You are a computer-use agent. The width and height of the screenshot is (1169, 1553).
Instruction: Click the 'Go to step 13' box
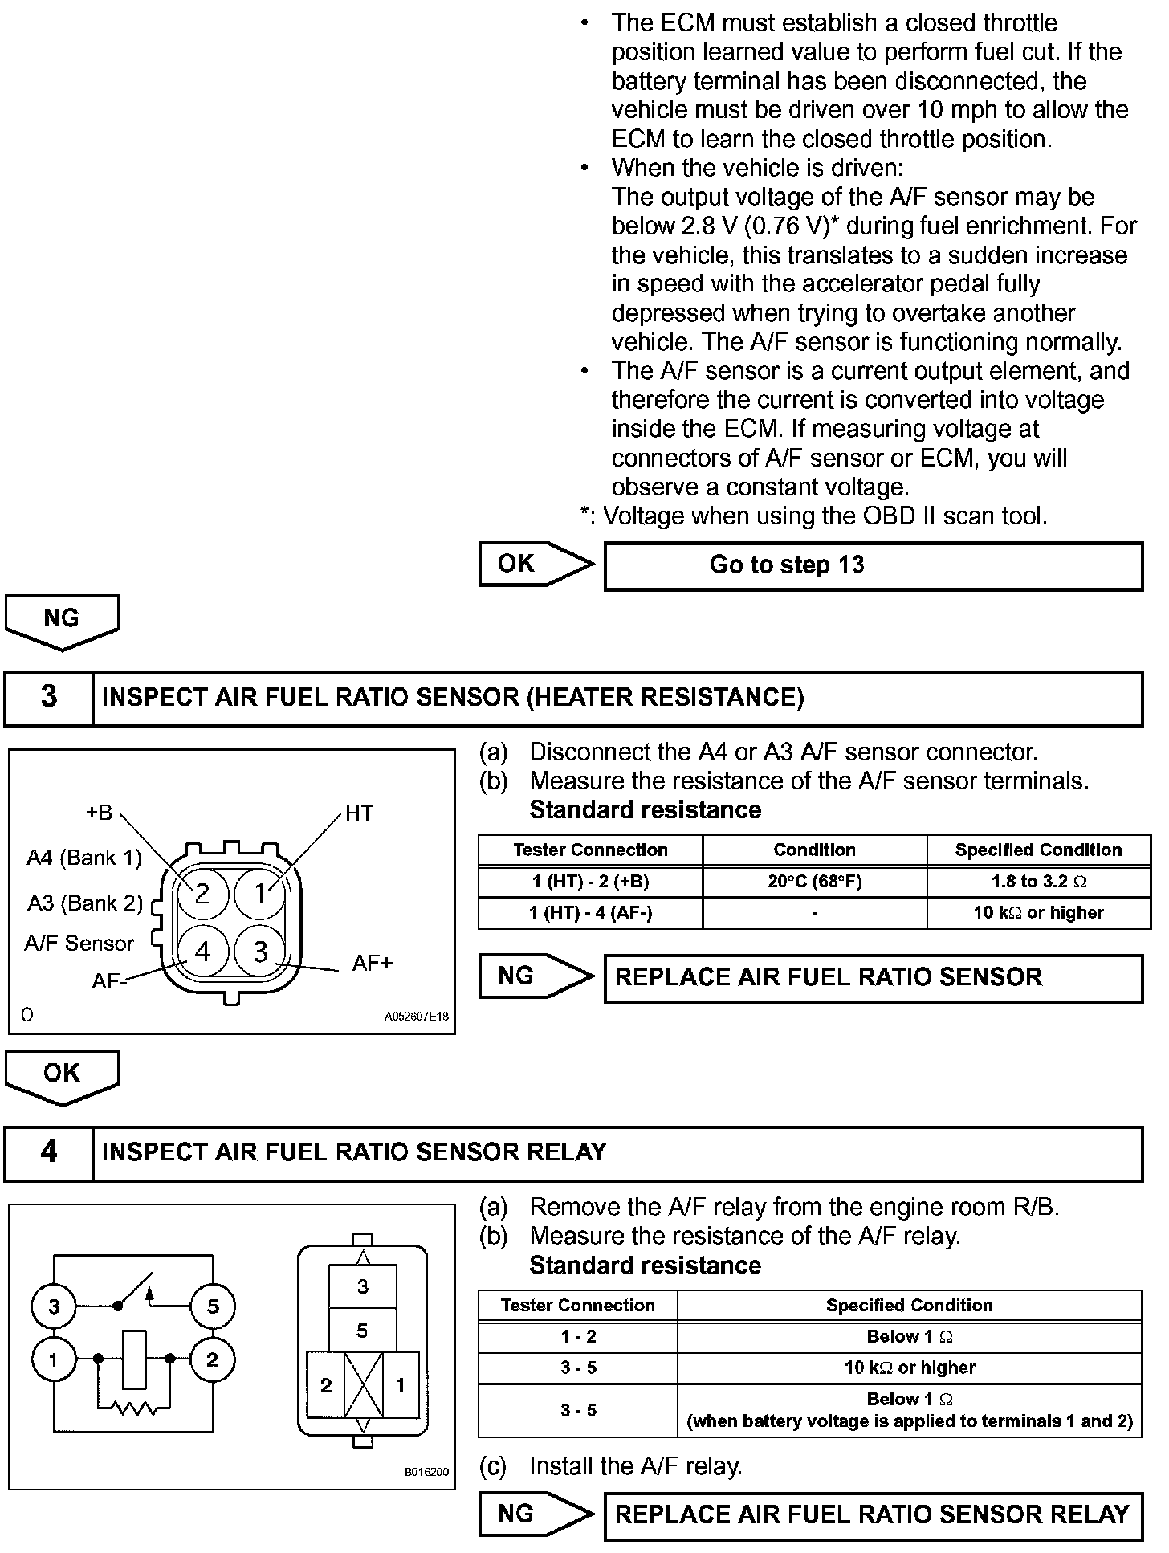pyautogui.click(x=873, y=565)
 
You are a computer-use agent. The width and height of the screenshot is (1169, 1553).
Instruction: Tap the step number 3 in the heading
pyautogui.click(x=49, y=697)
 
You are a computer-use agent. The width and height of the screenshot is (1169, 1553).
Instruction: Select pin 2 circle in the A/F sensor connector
pyautogui.click(x=202, y=894)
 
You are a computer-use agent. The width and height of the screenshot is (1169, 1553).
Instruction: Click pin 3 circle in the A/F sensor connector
pyautogui.click(x=260, y=952)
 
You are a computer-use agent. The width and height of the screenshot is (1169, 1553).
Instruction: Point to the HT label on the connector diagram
pyautogui.click(x=359, y=814)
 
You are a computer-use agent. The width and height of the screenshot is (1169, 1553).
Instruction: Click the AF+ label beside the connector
pyautogui.click(x=373, y=963)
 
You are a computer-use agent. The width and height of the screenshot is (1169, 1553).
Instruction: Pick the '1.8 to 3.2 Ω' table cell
pyautogui.click(x=1038, y=882)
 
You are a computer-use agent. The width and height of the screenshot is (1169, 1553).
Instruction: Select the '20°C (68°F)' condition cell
pyautogui.click(x=814, y=882)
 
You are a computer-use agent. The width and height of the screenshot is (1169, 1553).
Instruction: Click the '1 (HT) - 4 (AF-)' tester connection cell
pyautogui.click(x=590, y=913)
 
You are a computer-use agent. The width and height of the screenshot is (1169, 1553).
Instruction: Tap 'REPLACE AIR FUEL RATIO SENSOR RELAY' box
pyautogui.click(x=873, y=1514)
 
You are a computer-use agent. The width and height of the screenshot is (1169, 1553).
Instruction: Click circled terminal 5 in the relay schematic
pyautogui.click(x=212, y=1306)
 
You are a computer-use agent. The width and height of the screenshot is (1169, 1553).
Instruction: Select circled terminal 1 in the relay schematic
pyautogui.click(x=53, y=1360)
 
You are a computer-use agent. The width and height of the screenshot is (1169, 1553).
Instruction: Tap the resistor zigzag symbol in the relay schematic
pyautogui.click(x=134, y=1408)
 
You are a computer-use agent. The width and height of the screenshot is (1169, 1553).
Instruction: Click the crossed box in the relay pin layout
pyautogui.click(x=363, y=1385)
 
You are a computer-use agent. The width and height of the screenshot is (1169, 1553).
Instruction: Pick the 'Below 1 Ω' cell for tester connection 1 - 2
pyautogui.click(x=909, y=1337)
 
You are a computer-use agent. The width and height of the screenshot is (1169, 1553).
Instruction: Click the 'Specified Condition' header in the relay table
pyautogui.click(x=909, y=1306)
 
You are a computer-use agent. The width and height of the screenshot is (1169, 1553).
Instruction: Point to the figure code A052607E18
pyautogui.click(x=416, y=1017)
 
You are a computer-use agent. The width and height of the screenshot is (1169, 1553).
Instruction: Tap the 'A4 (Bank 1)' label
pyautogui.click(x=84, y=858)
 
